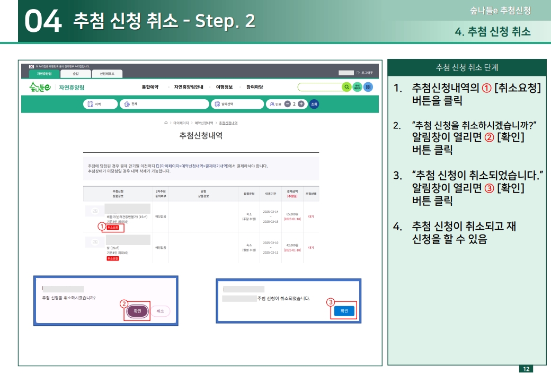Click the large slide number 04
pos(42,21)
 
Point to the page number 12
pos(526,369)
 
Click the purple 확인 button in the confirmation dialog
pos(137,311)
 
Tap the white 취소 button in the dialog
pos(160,311)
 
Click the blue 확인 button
pos(344,311)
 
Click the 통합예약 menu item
pos(150,87)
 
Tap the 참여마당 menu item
pos(254,87)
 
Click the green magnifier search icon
pos(346,87)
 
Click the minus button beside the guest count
pos(287,104)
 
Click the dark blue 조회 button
pos(314,104)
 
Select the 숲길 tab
pos(75,74)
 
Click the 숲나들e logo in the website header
pos(40,87)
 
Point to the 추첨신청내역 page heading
pos(201,136)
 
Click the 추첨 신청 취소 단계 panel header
pos(466,67)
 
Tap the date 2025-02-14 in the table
pos(270,211)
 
